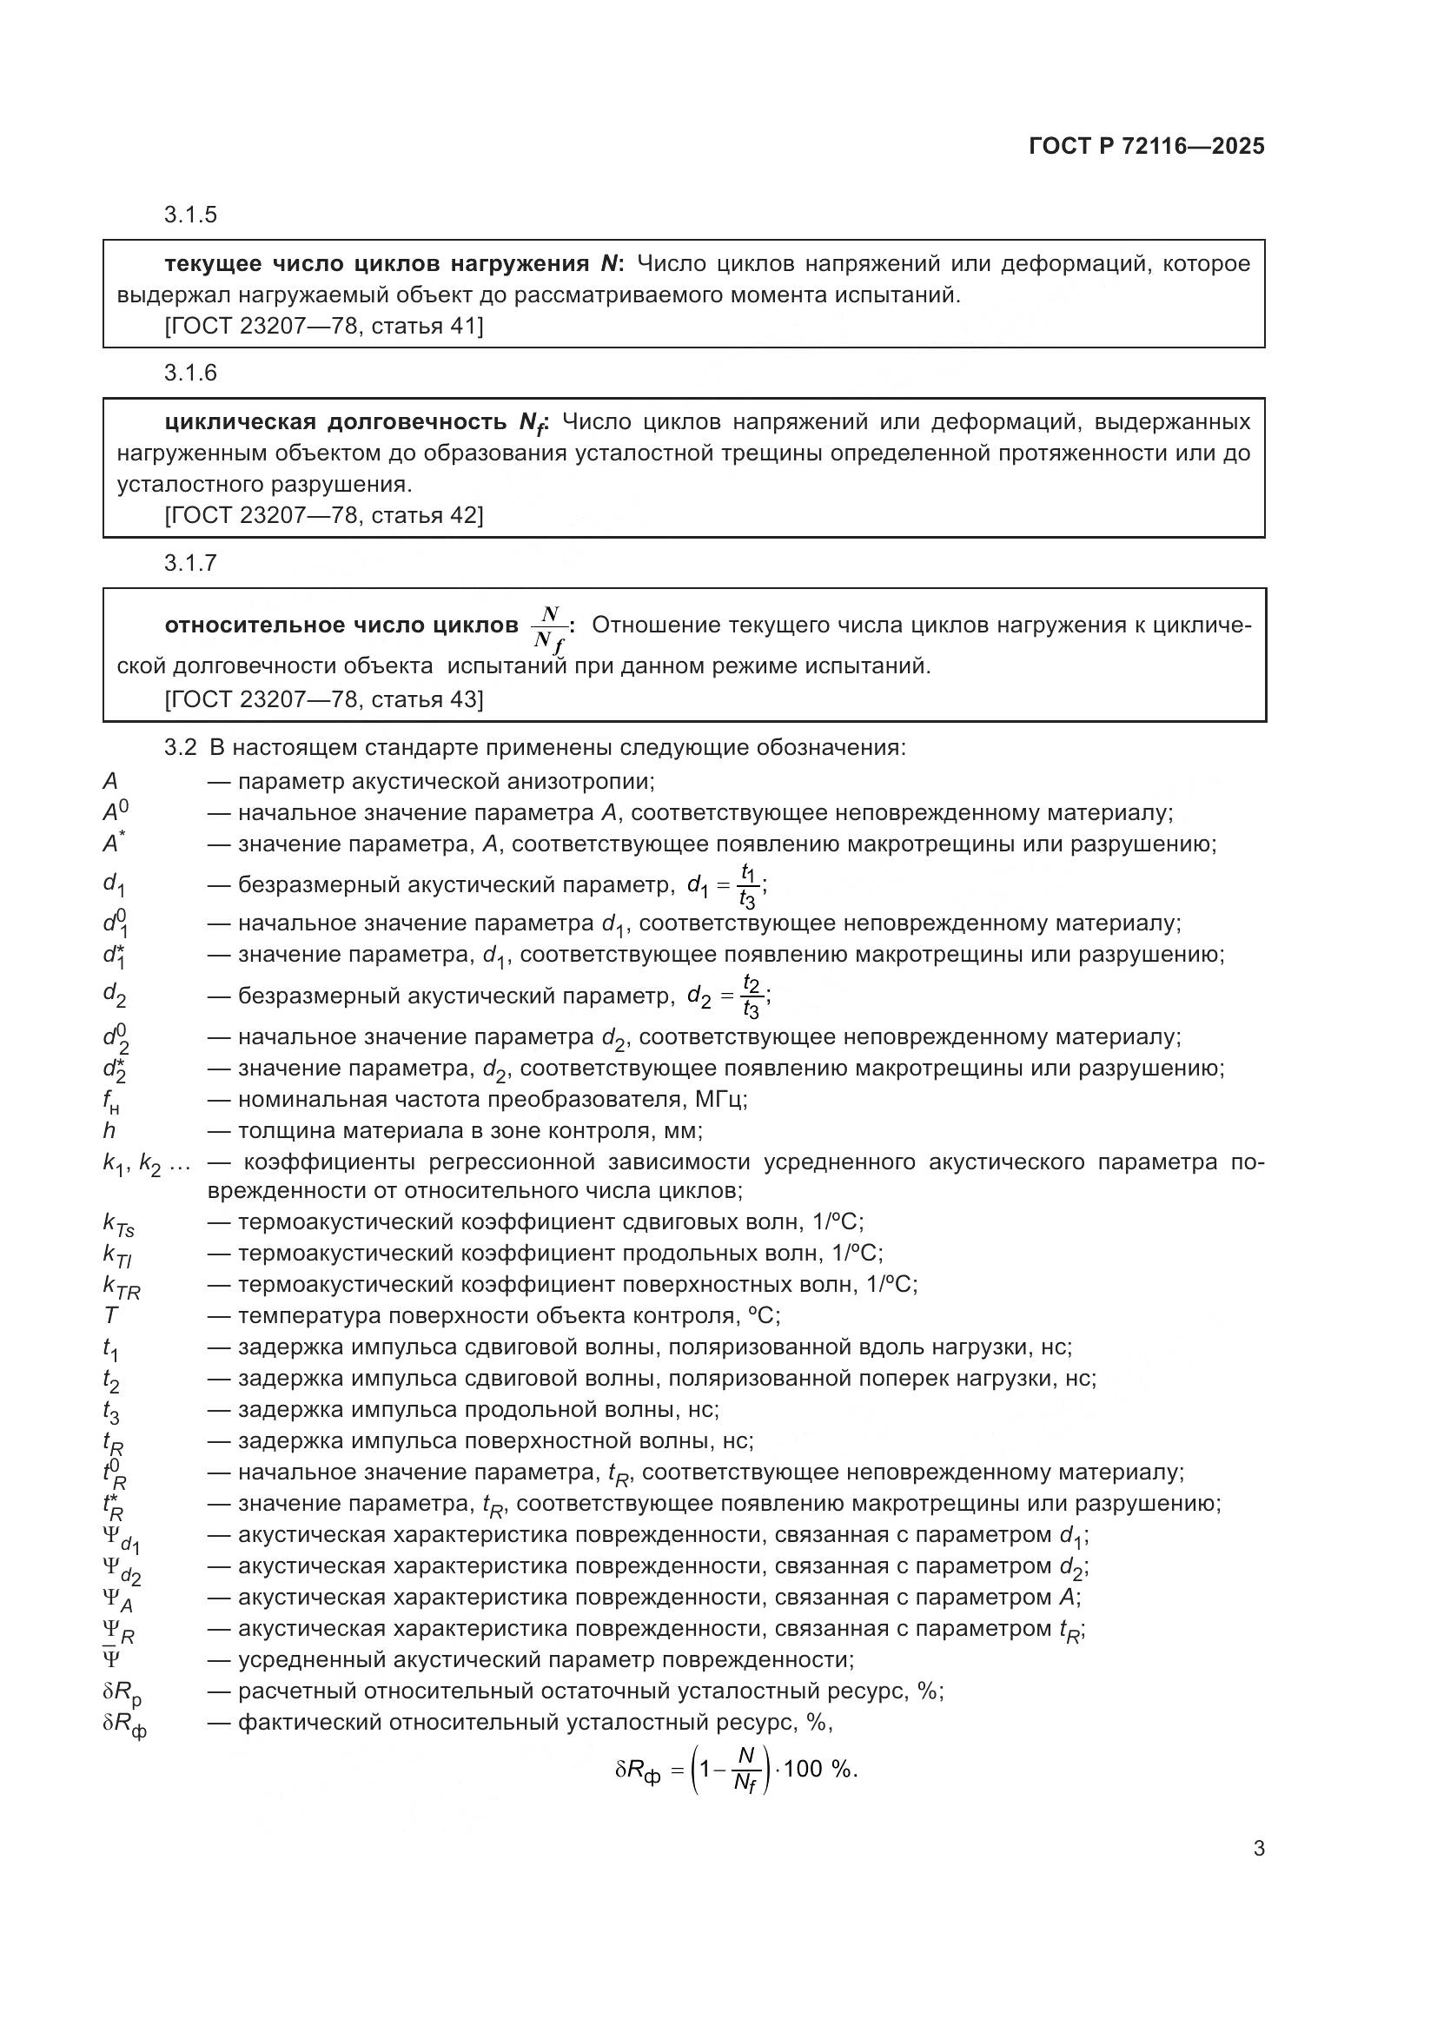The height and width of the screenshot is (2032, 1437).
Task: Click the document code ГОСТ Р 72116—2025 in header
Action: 1146,146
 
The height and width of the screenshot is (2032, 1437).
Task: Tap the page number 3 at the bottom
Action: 1258,1849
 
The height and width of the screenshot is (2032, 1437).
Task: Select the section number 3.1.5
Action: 190,215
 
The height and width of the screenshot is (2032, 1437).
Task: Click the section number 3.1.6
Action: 190,373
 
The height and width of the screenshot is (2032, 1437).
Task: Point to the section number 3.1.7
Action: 190,563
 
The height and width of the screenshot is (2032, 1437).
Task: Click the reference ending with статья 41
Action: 324,327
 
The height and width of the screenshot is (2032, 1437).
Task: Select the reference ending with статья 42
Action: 324,515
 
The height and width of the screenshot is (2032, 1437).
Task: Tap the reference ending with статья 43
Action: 324,700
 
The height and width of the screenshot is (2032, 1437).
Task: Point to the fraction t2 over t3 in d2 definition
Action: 752,997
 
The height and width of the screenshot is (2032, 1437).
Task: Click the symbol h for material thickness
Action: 109,1131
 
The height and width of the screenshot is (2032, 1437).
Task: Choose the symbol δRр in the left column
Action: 123,1692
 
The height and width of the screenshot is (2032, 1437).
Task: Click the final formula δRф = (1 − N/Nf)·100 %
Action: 736,1769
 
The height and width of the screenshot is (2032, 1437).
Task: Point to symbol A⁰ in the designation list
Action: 116,812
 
